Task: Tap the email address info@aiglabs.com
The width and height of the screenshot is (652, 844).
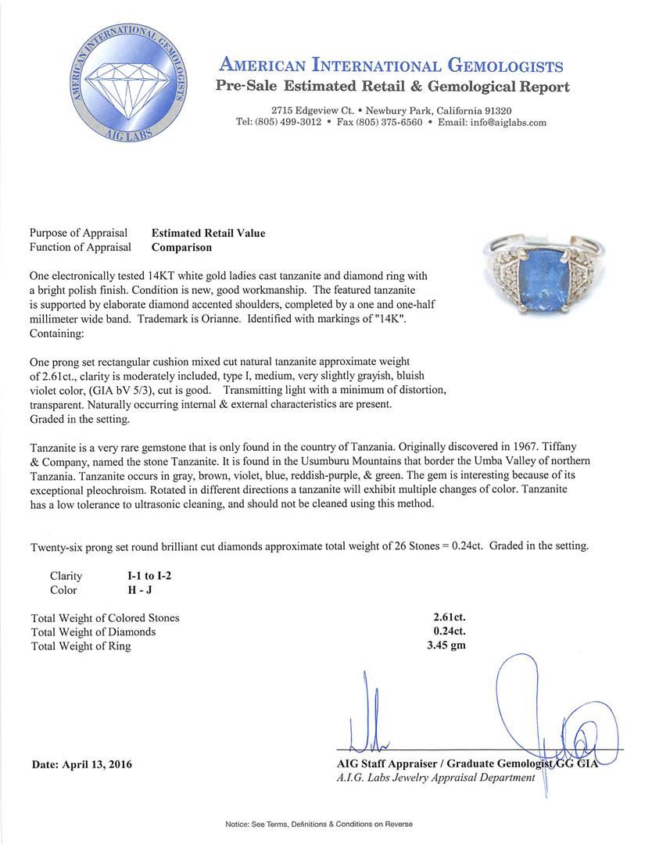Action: [503, 123]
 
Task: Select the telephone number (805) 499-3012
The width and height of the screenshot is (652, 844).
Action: [278, 123]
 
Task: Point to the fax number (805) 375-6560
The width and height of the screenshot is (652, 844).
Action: [389, 123]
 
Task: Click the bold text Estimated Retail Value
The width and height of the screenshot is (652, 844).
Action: [208, 233]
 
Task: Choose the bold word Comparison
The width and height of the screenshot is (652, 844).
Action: [181, 247]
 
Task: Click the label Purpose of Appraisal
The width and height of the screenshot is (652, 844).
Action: [78, 233]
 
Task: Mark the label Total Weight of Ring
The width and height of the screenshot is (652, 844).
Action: [81, 646]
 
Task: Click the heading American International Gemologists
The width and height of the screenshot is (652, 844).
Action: [391, 66]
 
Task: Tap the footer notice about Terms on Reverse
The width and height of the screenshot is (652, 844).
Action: [318, 824]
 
